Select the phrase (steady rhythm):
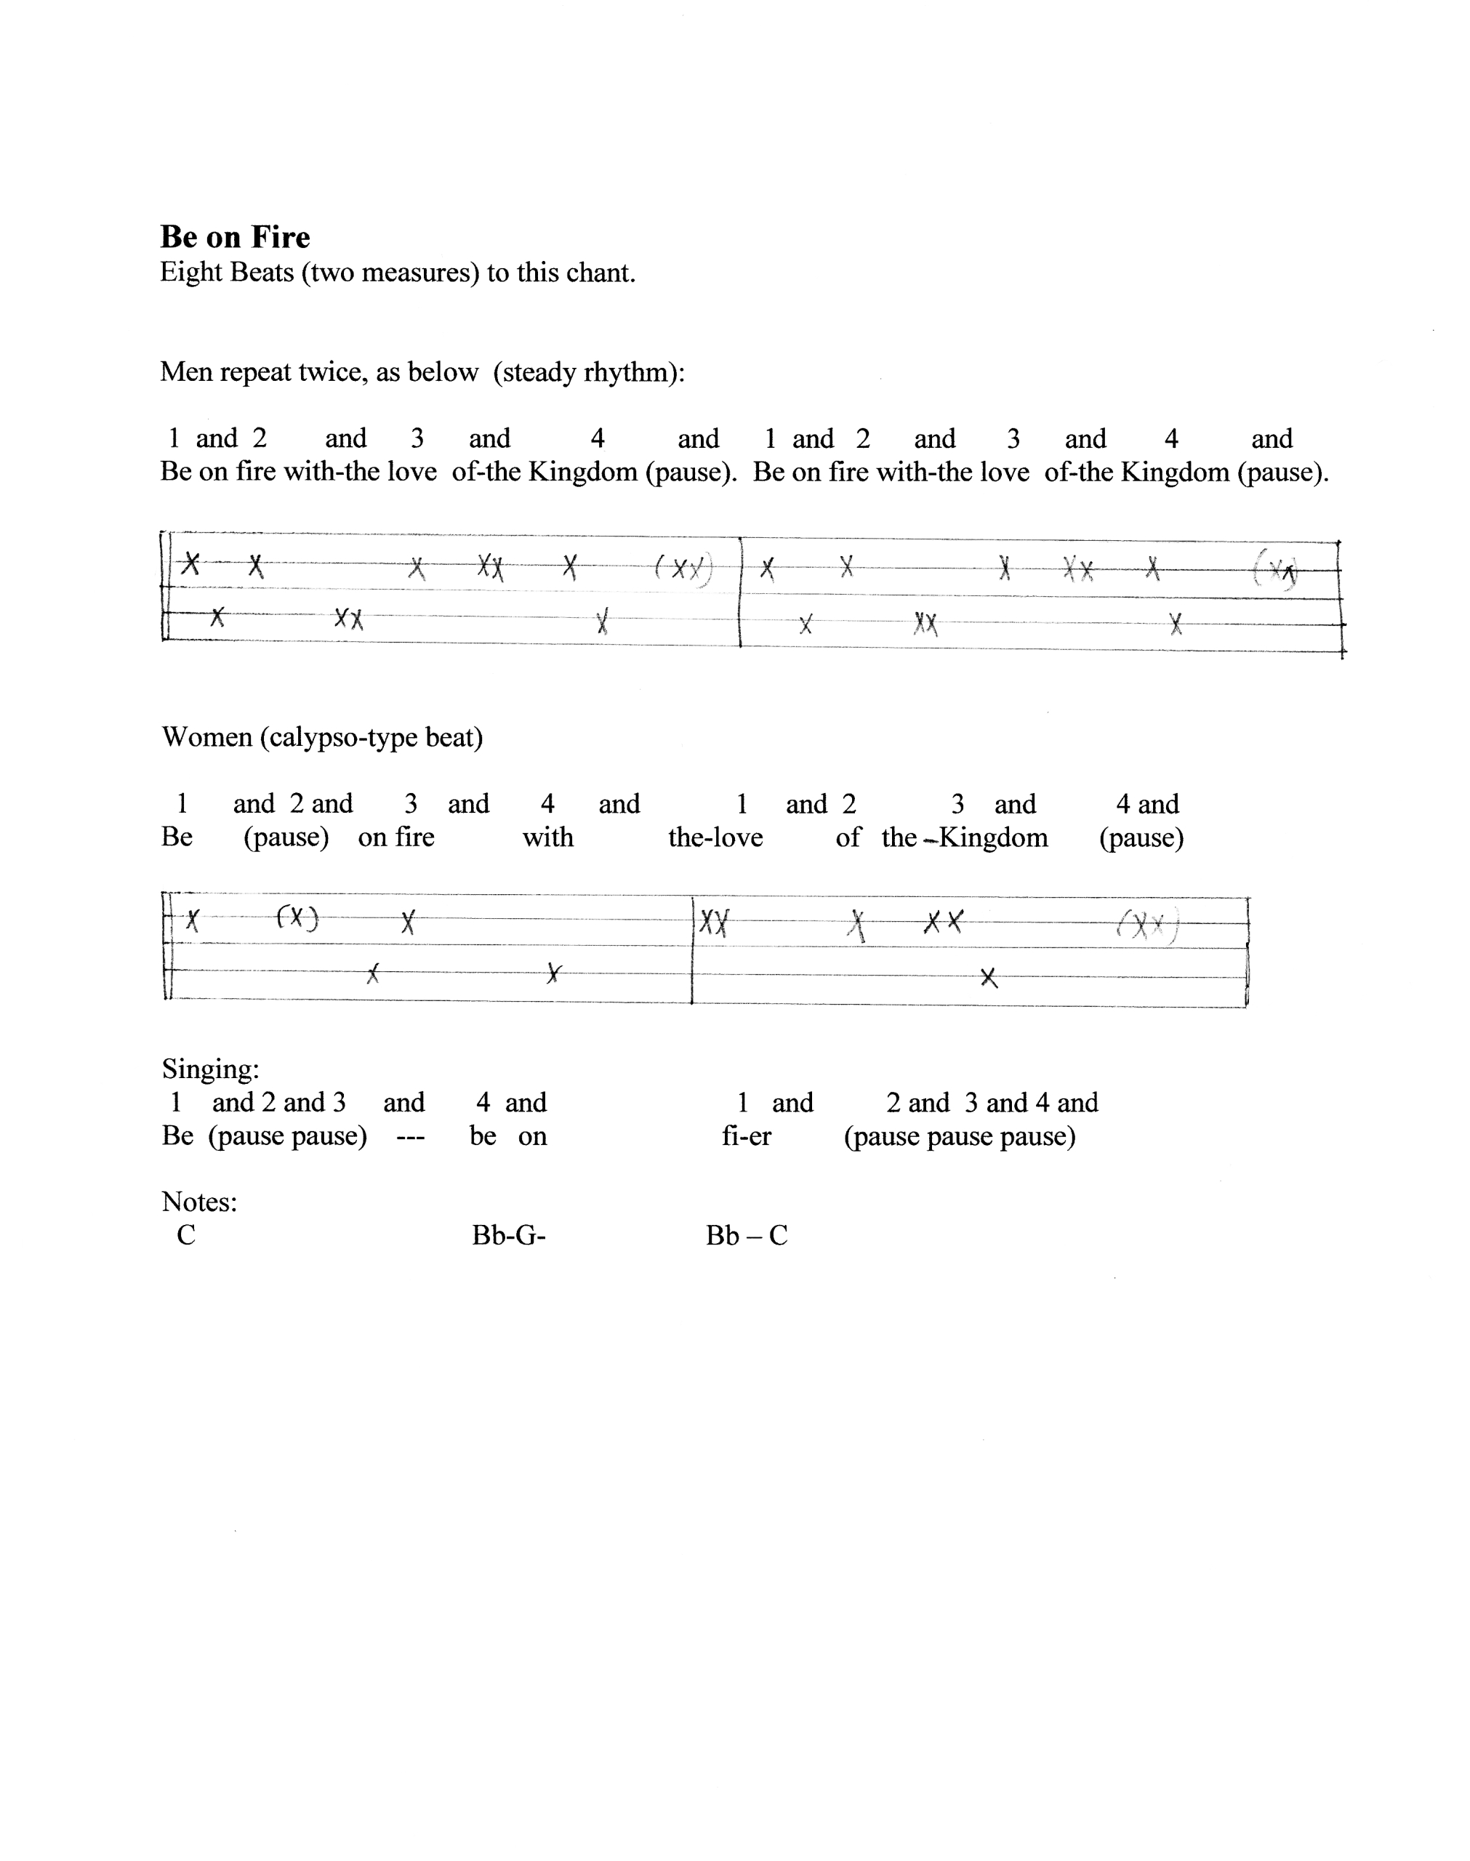coord(590,372)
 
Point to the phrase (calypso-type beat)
coord(371,738)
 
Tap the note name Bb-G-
coord(509,1236)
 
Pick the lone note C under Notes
coord(186,1236)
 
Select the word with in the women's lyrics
coord(547,838)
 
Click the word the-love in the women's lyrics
coord(715,838)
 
